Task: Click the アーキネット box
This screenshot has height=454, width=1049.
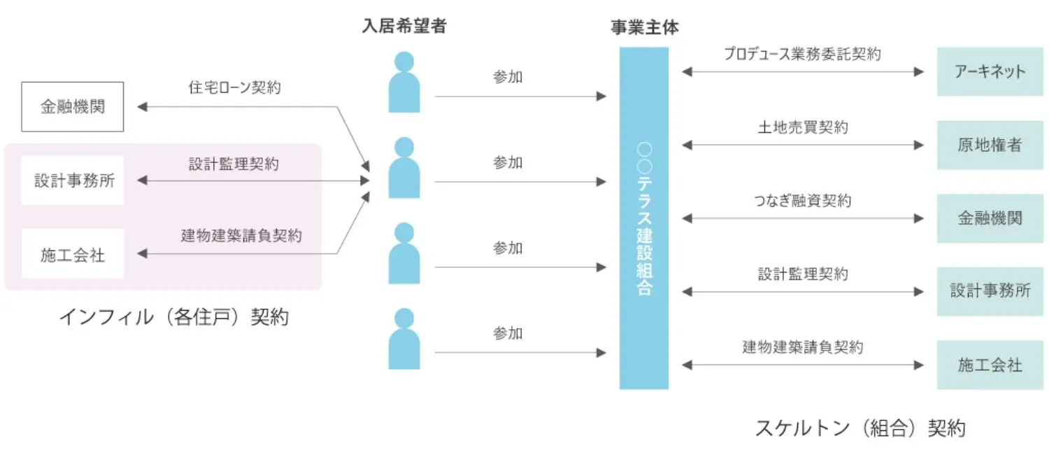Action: click(990, 71)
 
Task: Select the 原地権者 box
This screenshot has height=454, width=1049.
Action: click(990, 145)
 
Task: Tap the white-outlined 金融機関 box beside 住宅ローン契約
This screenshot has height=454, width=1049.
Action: click(72, 107)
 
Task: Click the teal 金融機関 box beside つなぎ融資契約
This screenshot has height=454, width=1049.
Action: click(990, 218)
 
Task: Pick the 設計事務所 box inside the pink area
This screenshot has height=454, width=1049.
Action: click(72, 180)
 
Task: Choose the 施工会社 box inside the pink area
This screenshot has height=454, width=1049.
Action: click(72, 254)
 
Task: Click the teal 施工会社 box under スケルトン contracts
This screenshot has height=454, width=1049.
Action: click(990, 364)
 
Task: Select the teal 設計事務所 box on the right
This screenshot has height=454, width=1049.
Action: click(990, 291)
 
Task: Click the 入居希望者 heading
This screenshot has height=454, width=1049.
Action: click(404, 27)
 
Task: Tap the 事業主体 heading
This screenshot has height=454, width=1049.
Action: click(644, 27)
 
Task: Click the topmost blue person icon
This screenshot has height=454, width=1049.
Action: click(404, 83)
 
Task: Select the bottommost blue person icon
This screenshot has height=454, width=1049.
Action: click(404, 339)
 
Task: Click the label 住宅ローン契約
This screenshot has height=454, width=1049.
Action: click(234, 87)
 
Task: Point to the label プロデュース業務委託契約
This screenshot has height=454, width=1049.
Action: click(802, 54)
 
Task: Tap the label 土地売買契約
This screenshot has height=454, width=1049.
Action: click(802, 127)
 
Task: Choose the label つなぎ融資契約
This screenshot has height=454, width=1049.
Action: click(802, 201)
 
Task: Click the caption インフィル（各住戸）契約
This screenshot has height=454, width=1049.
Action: click(173, 317)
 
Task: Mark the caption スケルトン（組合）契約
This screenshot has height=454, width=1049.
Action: click(859, 427)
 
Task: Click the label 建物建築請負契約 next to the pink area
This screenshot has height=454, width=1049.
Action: click(241, 236)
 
